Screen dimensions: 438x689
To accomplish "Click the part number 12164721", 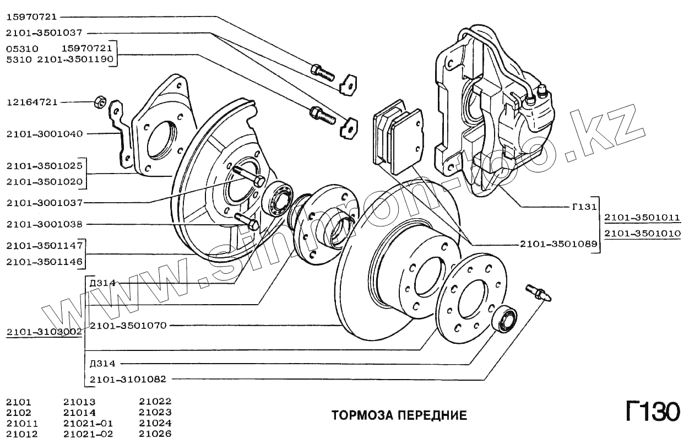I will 32,102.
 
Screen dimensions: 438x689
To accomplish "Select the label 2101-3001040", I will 44,134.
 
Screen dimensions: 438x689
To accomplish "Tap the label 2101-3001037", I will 44,203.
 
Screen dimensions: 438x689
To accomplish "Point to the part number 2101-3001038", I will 44,225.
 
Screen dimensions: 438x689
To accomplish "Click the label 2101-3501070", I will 128,326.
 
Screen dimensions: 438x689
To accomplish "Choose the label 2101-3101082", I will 128,379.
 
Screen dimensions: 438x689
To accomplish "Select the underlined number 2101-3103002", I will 44,332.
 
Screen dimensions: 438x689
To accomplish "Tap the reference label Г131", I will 584,208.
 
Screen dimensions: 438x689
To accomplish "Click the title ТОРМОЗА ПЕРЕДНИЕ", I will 399,415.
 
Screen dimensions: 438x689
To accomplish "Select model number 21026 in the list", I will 155,434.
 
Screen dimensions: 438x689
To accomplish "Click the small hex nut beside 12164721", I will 100,102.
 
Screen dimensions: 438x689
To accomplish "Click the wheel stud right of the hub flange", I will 539,292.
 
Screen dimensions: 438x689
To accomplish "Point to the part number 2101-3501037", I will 44,33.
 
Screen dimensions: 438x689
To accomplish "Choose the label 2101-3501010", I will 642,234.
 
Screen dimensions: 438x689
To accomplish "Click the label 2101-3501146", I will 44,262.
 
